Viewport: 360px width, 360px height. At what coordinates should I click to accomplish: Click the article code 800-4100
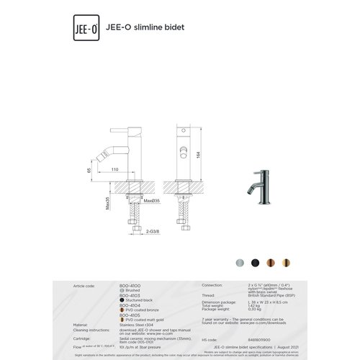[x=130, y=286]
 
